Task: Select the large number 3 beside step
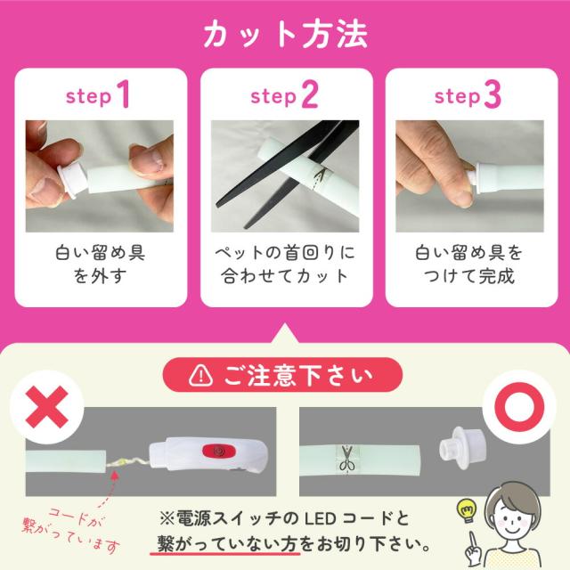pyautogui.click(x=492, y=94)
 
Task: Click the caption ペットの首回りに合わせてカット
pyautogui.click(x=284, y=265)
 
